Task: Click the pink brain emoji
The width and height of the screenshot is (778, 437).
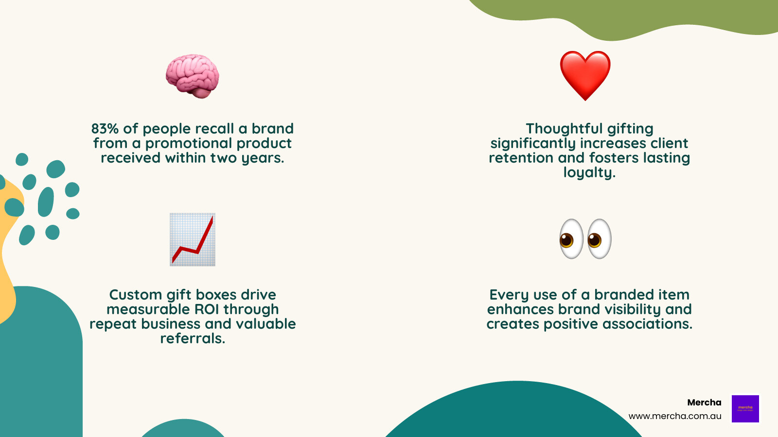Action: [x=193, y=76]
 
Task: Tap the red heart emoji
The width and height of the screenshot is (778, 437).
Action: [x=585, y=75]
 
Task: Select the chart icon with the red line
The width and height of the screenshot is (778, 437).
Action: [x=193, y=239]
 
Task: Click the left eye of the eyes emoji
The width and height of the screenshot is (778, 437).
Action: [x=571, y=239]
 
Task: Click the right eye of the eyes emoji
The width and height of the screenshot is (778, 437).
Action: [x=599, y=239]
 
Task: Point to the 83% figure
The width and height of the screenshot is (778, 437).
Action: [x=105, y=129]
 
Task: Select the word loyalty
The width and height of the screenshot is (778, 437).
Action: [x=589, y=173]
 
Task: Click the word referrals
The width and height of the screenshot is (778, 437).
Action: [x=192, y=338]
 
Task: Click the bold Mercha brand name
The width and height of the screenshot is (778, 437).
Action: [x=704, y=403]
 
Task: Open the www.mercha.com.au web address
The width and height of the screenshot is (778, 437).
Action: [x=675, y=416]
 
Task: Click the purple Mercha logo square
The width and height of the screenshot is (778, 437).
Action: [x=745, y=408]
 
